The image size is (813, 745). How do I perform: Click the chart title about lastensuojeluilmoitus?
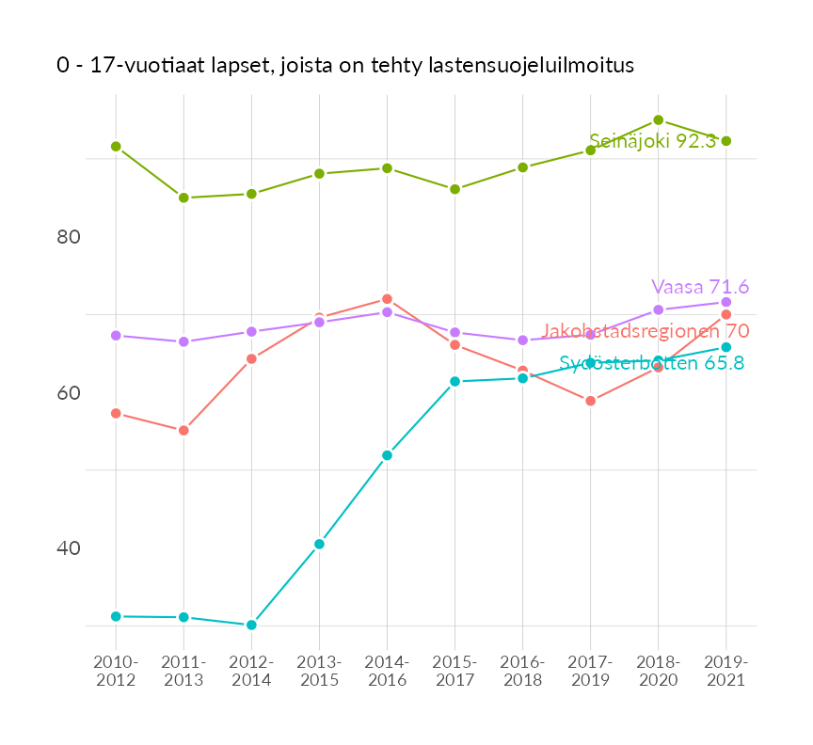(x=345, y=66)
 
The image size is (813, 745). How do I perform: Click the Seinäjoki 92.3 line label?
(x=652, y=141)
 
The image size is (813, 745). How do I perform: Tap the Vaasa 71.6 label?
(x=700, y=287)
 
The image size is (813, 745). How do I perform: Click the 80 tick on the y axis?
(x=69, y=237)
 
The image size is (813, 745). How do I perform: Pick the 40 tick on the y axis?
(x=69, y=547)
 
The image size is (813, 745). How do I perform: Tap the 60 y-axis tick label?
(x=69, y=392)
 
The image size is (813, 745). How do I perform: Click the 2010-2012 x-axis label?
(x=116, y=671)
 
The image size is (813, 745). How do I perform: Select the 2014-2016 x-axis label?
(x=387, y=671)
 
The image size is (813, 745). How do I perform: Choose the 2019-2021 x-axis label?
(x=725, y=671)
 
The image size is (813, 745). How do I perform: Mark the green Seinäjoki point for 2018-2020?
(x=659, y=120)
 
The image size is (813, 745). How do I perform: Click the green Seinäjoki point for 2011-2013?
(x=183, y=198)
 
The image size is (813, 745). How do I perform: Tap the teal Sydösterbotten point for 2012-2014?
(x=251, y=625)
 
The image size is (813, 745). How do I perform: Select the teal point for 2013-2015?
(x=319, y=544)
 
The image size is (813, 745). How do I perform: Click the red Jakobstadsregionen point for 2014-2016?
(x=387, y=299)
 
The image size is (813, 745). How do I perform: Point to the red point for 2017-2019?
(x=591, y=401)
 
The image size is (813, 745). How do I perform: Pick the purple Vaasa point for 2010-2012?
(x=116, y=335)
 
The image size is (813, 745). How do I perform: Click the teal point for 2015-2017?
(x=454, y=381)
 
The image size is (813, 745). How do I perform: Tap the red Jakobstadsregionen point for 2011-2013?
(x=183, y=430)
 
